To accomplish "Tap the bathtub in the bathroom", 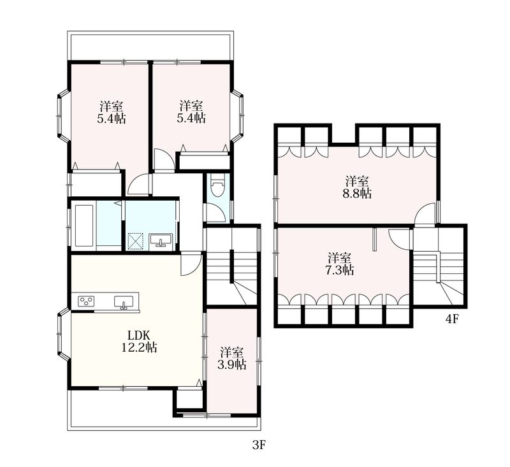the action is click(x=85, y=224).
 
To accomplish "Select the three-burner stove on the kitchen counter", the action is click(x=86, y=301).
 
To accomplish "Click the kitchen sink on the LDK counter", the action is click(x=124, y=301).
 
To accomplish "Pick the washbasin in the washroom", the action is click(x=161, y=240).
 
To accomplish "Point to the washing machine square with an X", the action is click(x=135, y=241).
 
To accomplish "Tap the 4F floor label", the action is click(x=451, y=319).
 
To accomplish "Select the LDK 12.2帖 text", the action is click(x=139, y=341).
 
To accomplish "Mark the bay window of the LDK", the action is click(x=63, y=334).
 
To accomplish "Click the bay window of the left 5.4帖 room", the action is click(x=63, y=116).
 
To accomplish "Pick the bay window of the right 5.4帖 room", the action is click(x=238, y=116).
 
